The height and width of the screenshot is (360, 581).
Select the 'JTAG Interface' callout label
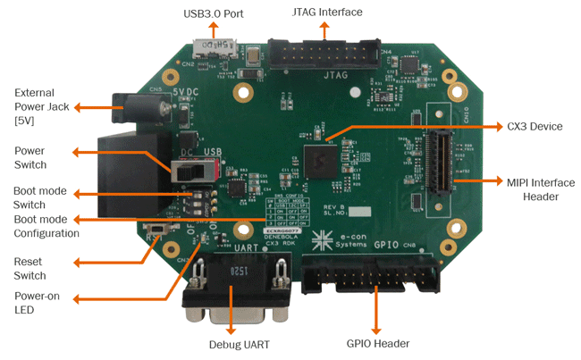coord(327,13)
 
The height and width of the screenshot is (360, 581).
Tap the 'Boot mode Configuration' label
coord(46,225)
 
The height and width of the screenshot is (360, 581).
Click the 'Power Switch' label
coord(31,157)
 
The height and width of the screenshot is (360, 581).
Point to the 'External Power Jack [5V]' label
coord(34,106)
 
